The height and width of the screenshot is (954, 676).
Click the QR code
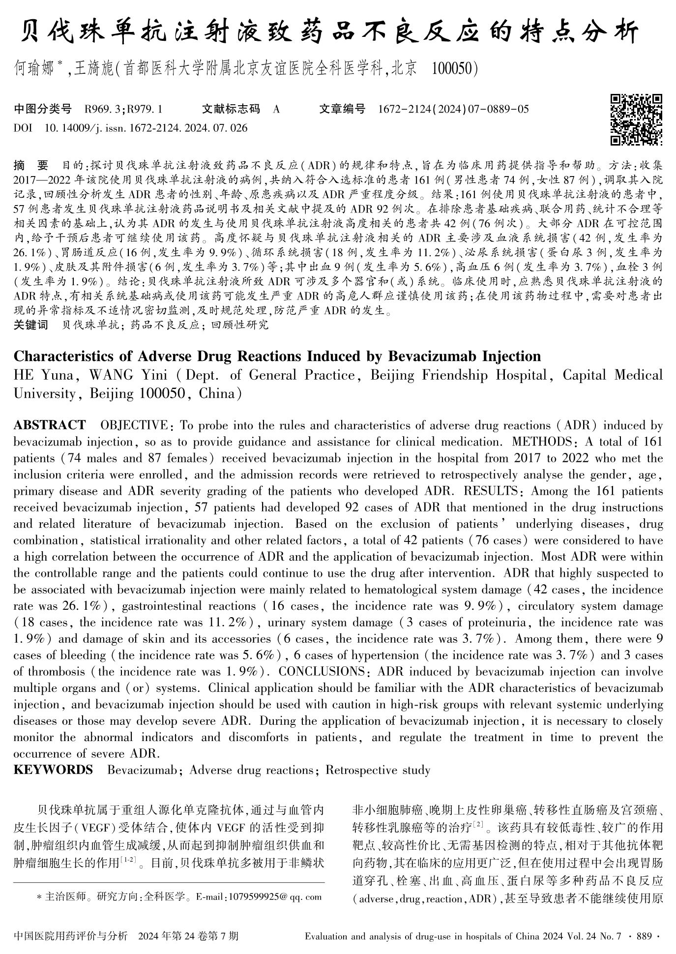(636, 119)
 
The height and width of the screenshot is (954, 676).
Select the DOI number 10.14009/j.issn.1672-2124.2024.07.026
(146, 128)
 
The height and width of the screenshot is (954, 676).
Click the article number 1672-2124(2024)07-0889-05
(453, 109)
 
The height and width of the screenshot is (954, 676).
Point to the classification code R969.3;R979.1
(123, 109)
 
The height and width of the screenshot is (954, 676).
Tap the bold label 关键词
(30, 325)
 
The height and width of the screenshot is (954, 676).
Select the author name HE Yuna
(43, 375)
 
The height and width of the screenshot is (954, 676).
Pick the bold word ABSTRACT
(49, 425)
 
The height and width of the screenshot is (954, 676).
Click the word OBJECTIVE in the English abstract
(133, 425)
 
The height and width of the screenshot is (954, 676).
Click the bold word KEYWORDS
(53, 770)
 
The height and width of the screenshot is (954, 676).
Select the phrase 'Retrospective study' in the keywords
(378, 770)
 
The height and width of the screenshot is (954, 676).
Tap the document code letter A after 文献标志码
(276, 109)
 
